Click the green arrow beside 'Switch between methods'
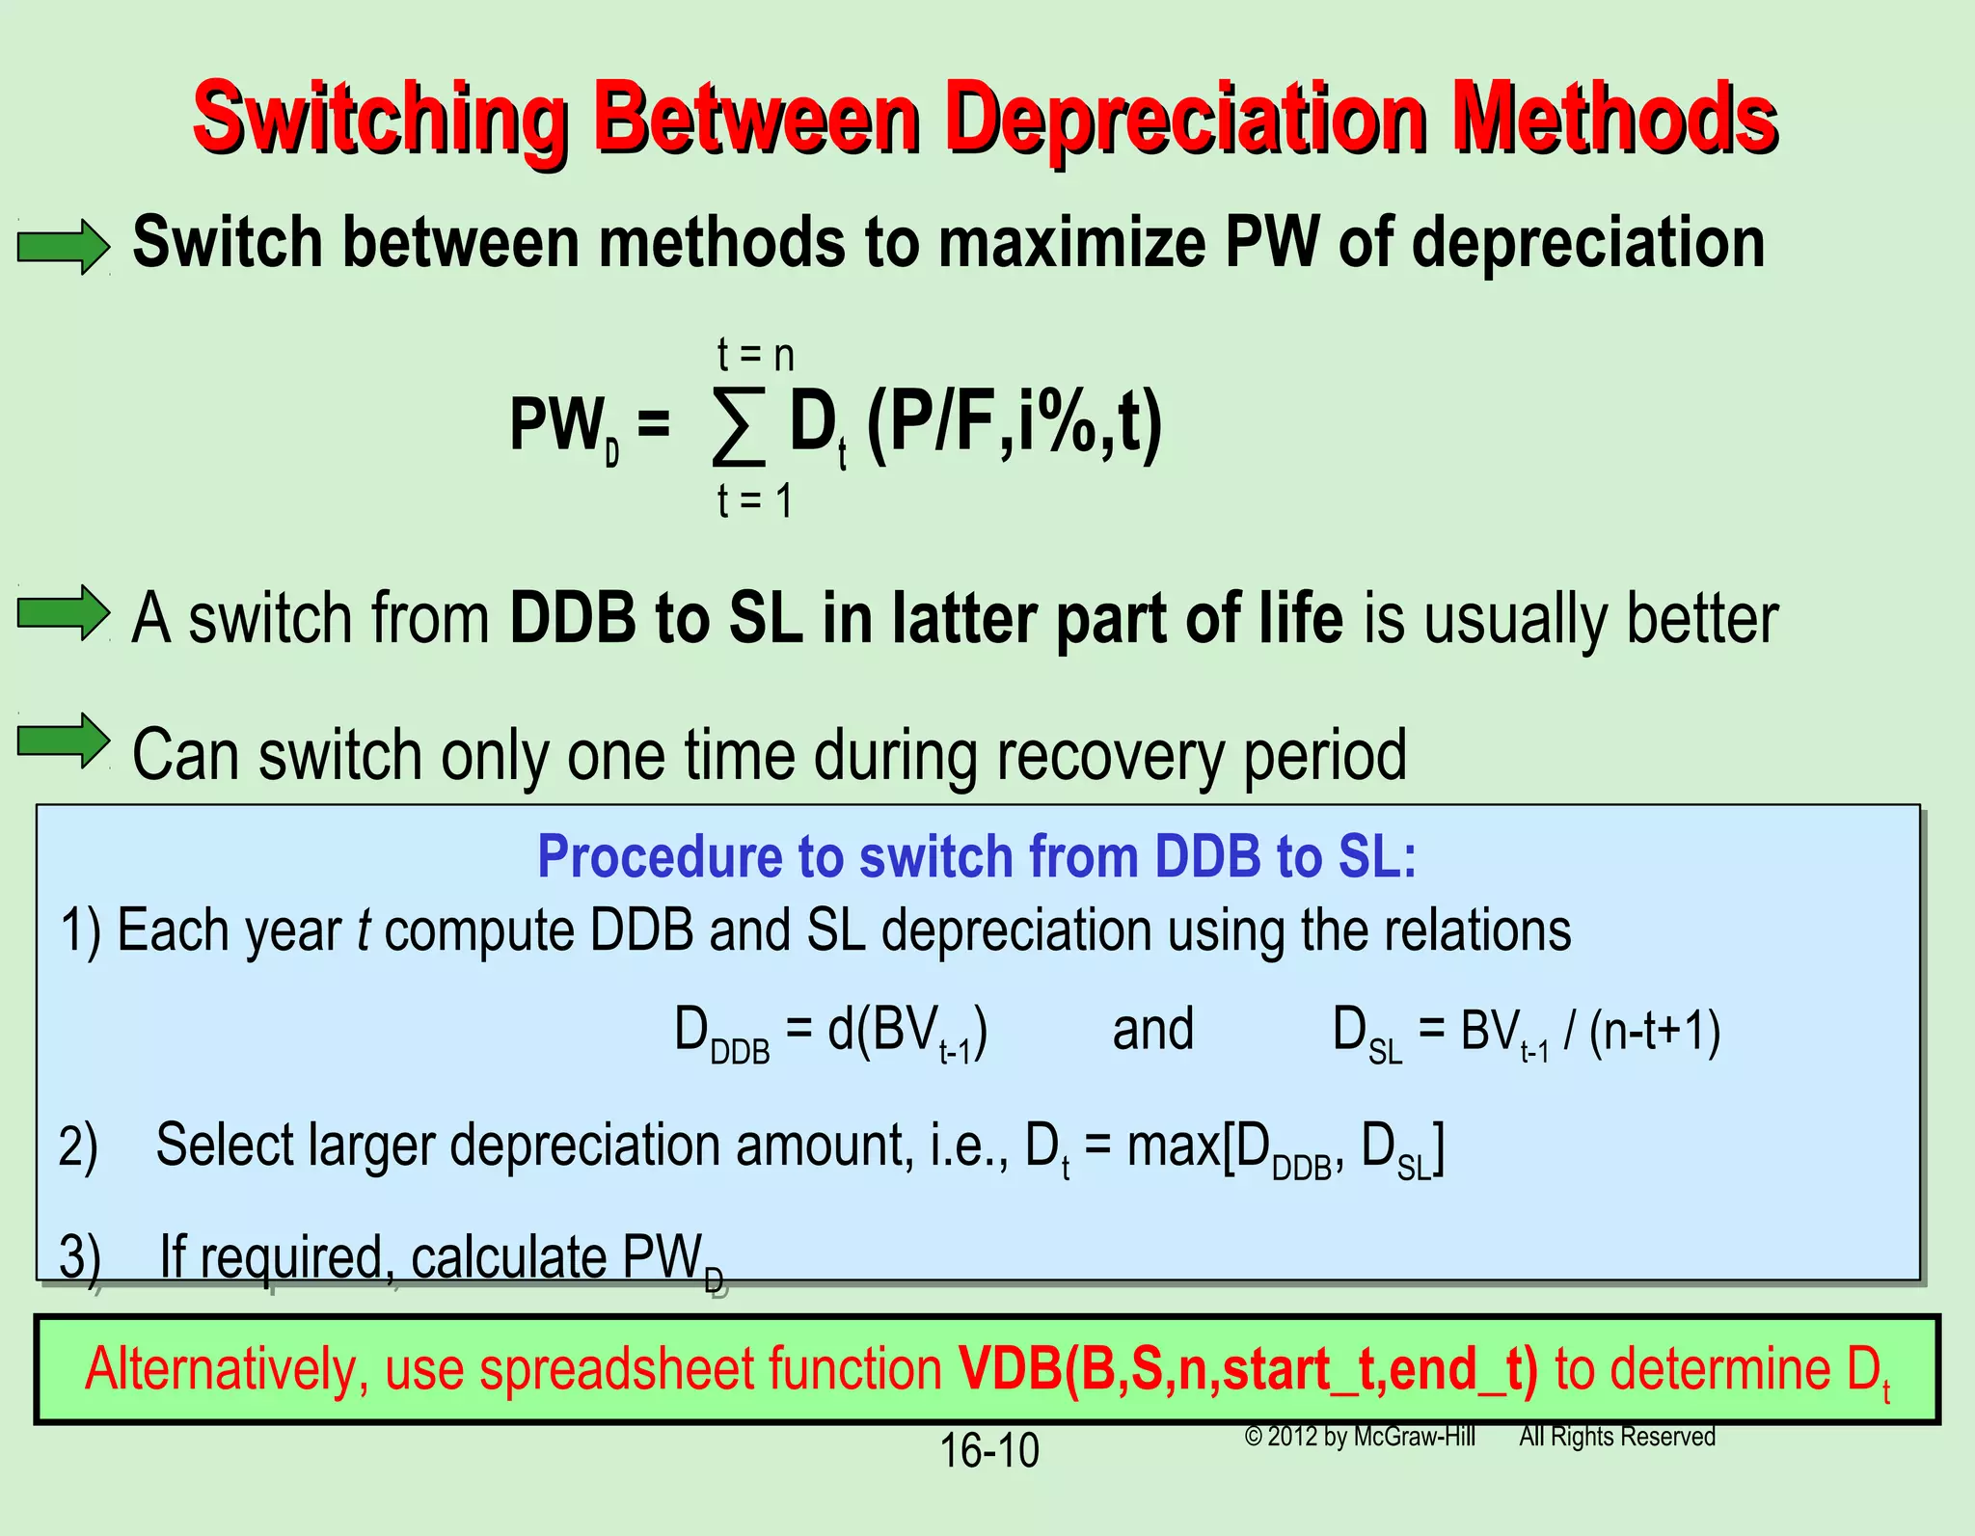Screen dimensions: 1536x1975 (64, 247)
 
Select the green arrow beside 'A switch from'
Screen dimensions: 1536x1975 (64, 613)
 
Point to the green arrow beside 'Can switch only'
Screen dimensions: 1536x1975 (64, 741)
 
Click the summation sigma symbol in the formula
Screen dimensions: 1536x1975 (739, 426)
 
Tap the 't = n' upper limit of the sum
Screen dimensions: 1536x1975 (755, 356)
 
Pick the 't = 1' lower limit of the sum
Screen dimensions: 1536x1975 (755, 501)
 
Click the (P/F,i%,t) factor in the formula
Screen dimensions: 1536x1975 (1015, 424)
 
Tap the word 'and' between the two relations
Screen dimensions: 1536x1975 (1152, 1030)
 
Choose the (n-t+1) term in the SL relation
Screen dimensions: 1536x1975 (1655, 1032)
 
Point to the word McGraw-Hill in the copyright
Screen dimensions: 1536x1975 (1414, 1437)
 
